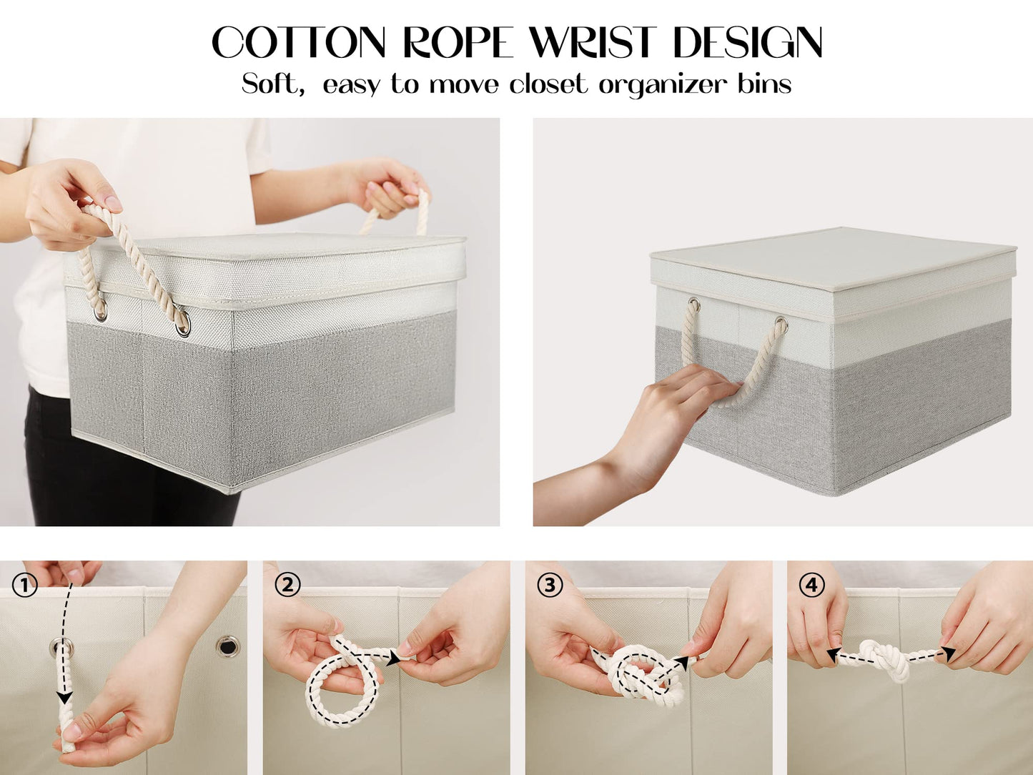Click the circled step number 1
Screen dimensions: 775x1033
click(x=24, y=586)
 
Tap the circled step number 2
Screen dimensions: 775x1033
click(x=287, y=586)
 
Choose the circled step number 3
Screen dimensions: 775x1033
click(x=549, y=586)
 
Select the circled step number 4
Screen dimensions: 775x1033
click(x=811, y=586)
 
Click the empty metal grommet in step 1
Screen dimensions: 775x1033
click(x=229, y=648)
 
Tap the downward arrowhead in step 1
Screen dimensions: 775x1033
click(x=64, y=696)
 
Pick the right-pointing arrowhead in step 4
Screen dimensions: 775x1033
click(x=948, y=652)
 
